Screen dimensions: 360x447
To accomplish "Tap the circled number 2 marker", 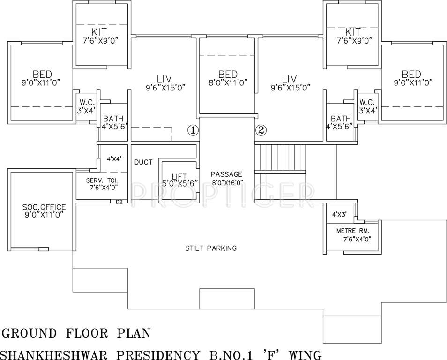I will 261,130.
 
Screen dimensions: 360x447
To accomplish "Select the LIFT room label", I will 179,177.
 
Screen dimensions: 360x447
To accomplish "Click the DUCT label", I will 143,162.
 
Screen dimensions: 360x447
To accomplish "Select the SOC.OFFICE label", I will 44,207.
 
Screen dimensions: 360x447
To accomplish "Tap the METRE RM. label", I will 352,231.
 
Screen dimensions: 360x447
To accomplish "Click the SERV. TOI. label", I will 102,180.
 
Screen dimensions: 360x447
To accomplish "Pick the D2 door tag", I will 119,202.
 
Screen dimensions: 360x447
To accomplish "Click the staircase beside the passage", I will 280,159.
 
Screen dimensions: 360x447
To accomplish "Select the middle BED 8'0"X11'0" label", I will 228,74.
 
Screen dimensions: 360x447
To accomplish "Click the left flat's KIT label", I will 99,32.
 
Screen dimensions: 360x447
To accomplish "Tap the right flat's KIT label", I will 352,32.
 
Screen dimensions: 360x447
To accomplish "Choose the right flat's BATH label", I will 341,119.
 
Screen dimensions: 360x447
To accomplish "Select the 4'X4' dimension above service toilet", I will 114,159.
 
